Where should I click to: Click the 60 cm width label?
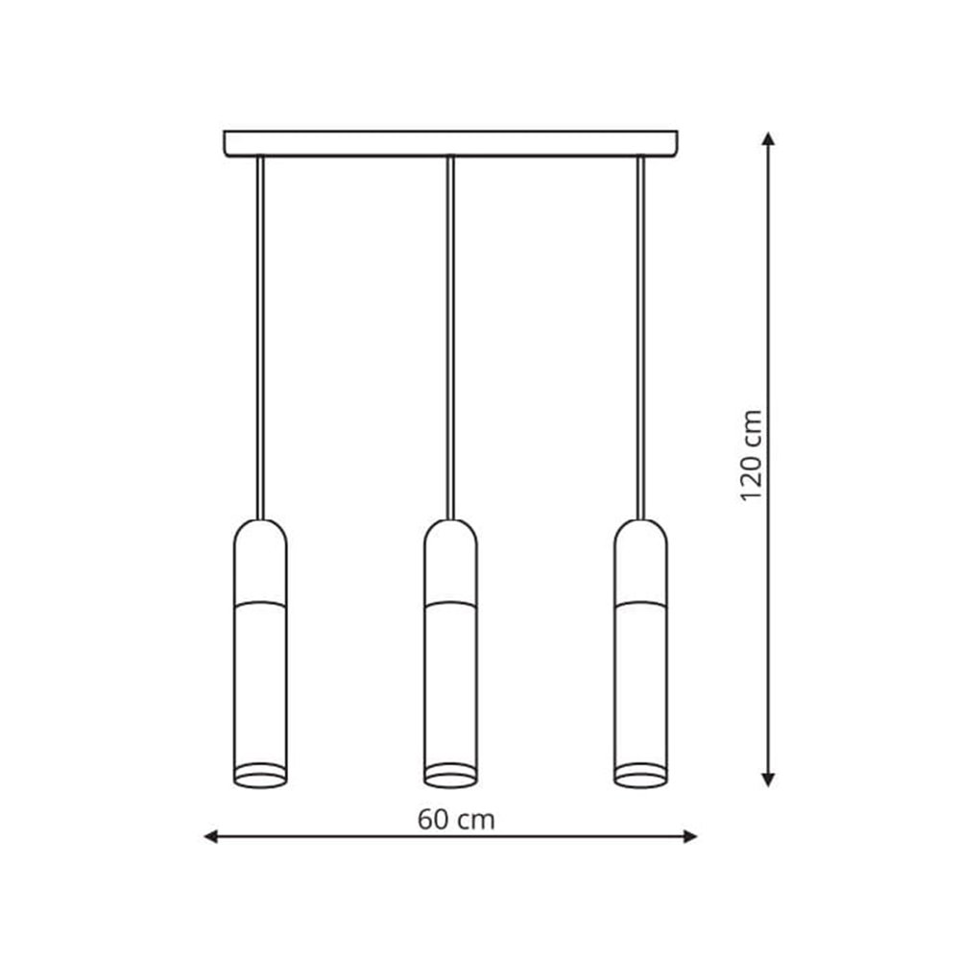(x=456, y=819)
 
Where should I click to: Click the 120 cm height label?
(x=752, y=455)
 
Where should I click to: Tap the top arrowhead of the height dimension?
(x=768, y=137)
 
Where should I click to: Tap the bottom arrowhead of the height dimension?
(x=768, y=780)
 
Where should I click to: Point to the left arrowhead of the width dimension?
(x=210, y=836)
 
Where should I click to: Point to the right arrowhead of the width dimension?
(x=690, y=836)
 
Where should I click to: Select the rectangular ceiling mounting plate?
(x=450, y=144)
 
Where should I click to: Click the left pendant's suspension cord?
(x=260, y=338)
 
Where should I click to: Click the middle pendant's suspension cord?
(x=450, y=338)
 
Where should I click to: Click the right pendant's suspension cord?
(x=640, y=338)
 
